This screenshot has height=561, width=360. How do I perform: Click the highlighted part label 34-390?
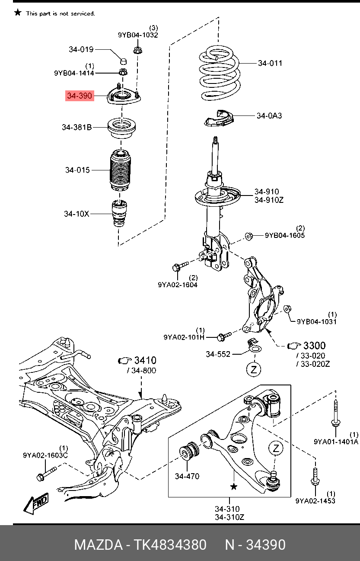80,96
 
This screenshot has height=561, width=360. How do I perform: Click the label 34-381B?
76,127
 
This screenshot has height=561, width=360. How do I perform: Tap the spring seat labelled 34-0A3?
219,118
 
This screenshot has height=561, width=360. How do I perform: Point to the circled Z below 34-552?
254,369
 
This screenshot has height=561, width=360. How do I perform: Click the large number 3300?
314,346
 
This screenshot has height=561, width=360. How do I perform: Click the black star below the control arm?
234,487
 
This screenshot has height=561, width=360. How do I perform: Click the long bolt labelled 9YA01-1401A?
335,415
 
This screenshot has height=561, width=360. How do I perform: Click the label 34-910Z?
268,200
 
